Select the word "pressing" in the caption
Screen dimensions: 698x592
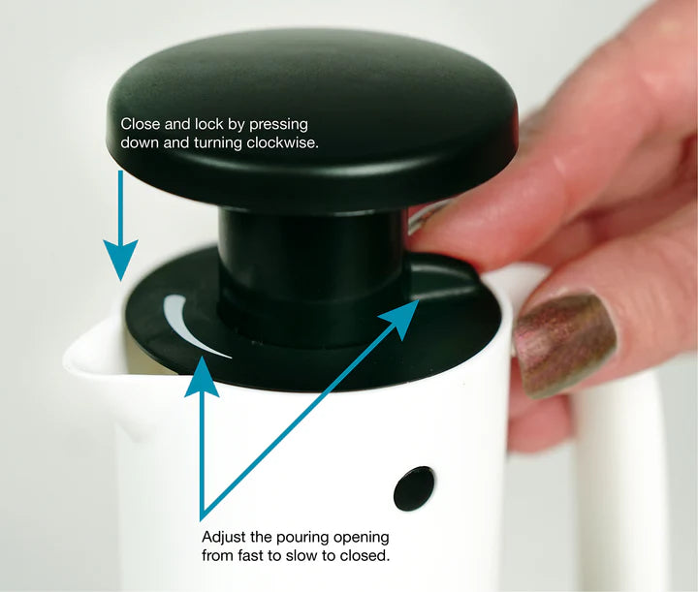coord(278,125)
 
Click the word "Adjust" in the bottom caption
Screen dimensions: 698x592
coord(224,538)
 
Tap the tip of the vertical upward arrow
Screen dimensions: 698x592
coord(202,357)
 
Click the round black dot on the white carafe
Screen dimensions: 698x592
coord(414,488)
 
